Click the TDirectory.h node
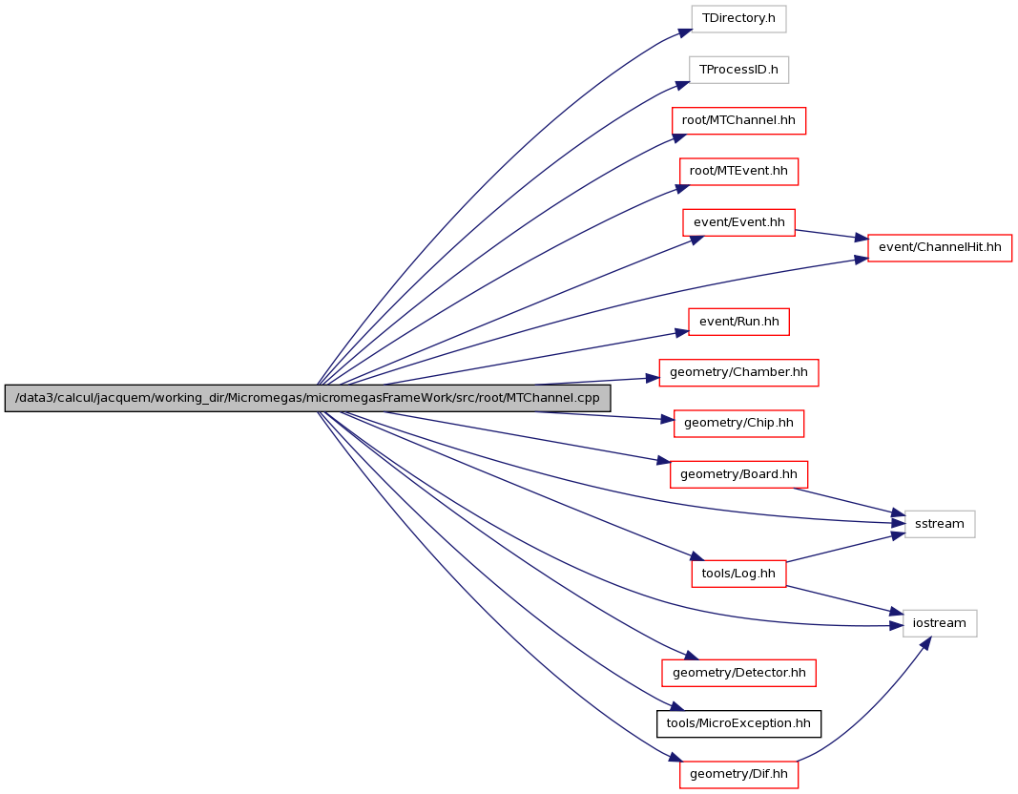tap(738, 18)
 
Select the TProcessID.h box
tap(738, 70)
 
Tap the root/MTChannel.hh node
tap(738, 121)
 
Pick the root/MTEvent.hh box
tap(738, 172)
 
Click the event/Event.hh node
tap(738, 222)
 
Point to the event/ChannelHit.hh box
tap(940, 247)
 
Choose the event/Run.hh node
tap(738, 322)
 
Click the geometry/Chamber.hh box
tap(738, 372)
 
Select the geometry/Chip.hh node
tap(738, 424)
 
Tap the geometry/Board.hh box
tap(738, 474)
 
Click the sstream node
tap(940, 524)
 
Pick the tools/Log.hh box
tap(738, 574)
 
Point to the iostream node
tap(940, 623)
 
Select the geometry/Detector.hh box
tap(738, 673)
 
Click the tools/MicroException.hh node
tap(738, 723)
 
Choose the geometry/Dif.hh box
tap(738, 775)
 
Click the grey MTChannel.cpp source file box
tap(308, 398)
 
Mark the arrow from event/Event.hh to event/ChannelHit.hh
tap(832, 235)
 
